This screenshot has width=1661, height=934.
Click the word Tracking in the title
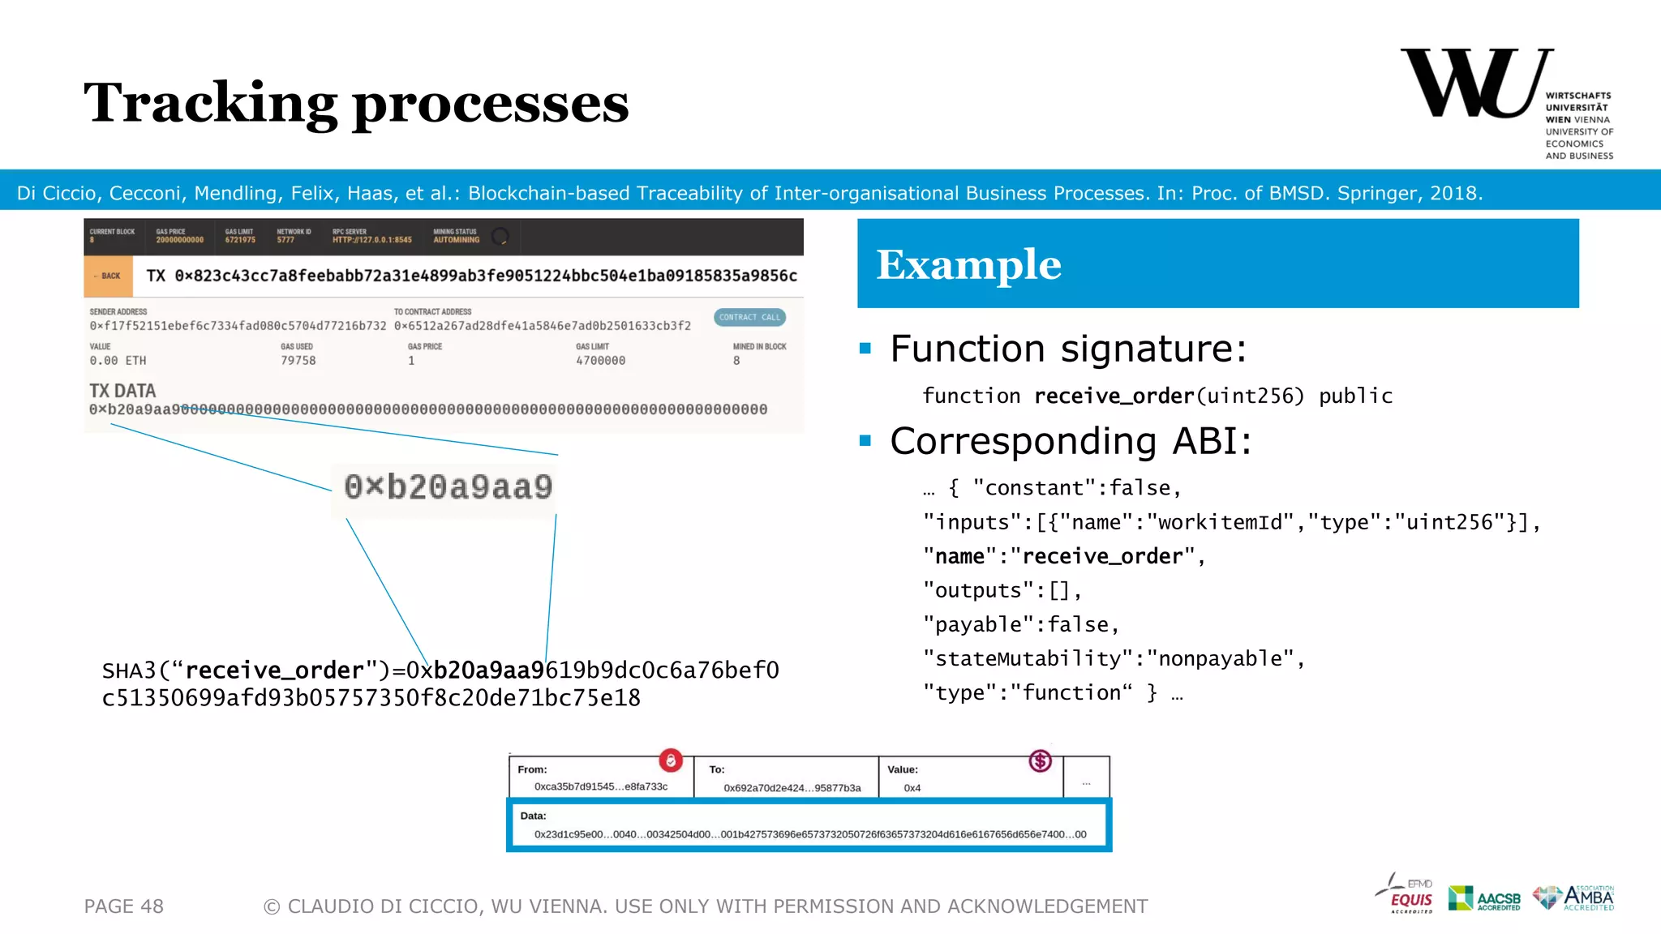click(x=210, y=104)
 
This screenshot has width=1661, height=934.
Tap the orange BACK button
click(x=108, y=276)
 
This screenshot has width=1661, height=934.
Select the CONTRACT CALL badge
click(x=749, y=317)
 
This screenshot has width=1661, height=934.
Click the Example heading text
click(x=968, y=264)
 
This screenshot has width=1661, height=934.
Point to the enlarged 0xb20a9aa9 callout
click(x=448, y=486)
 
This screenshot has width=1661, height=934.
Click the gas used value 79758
click(x=298, y=361)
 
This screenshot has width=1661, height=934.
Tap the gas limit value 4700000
click(x=600, y=361)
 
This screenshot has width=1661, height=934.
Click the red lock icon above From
click(x=671, y=760)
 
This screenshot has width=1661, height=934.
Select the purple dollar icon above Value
click(x=1040, y=760)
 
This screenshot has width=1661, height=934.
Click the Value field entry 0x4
click(x=912, y=788)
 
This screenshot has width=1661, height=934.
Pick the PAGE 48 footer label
click(x=124, y=906)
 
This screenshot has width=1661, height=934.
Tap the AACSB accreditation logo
click(x=1485, y=898)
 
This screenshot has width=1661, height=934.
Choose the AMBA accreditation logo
click(x=1574, y=898)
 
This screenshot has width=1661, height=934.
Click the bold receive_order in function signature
click(x=1114, y=396)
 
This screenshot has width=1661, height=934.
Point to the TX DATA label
click(x=122, y=391)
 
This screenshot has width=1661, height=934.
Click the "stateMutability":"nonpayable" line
click(x=1113, y=658)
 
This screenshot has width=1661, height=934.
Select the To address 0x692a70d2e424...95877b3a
click(x=792, y=788)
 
